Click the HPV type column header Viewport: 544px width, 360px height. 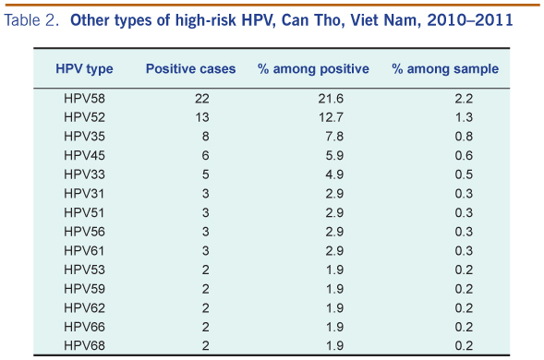coord(84,69)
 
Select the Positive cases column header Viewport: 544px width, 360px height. coord(190,68)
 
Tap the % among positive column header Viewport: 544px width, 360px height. coord(313,68)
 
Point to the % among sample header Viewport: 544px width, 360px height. coord(445,68)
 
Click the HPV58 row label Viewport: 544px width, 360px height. coord(84,99)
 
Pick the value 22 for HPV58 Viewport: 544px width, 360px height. coord(202,99)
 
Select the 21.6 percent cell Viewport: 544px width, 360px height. coord(331,99)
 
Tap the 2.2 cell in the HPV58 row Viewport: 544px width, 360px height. coord(464,99)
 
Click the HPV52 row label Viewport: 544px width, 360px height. coord(84,117)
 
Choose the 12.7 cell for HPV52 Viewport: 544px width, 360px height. coord(331,117)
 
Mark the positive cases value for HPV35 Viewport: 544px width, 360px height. coord(205,137)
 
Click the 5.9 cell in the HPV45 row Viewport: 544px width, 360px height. coord(334,155)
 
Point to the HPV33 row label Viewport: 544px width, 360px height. coord(84,174)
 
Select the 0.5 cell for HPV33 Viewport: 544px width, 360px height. coord(464,174)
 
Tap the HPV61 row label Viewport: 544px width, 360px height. coord(84,250)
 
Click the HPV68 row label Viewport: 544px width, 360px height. coord(84,345)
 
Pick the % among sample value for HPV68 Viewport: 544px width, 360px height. coord(464,345)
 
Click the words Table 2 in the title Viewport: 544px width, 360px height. coord(30,20)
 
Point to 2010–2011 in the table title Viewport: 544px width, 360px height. coord(470,20)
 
